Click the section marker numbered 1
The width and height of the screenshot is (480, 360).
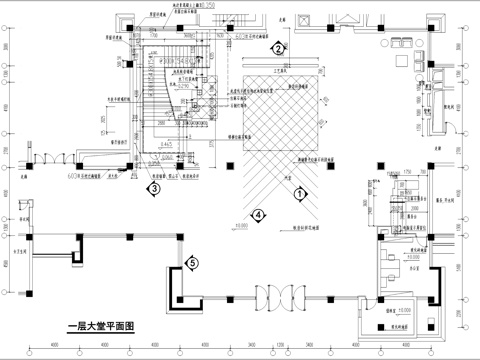pyautogui.click(x=297, y=197)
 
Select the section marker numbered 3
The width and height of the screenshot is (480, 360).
pyautogui.click(x=154, y=187)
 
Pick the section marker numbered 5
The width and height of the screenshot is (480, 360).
pyautogui.click(x=192, y=263)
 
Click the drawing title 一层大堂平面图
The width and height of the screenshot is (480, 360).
pyautogui.click(x=100, y=326)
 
